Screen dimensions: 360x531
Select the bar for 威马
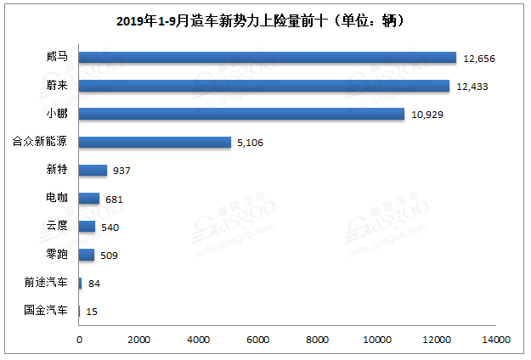click(268, 58)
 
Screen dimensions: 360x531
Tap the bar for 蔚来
click(264, 86)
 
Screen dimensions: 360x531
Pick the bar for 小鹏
click(241, 114)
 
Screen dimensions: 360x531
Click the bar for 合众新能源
click(155, 142)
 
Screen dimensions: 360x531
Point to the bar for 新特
click(93, 170)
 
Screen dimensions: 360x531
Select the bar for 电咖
click(89, 199)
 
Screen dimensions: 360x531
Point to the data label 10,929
click(428, 115)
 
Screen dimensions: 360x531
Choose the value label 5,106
click(252, 143)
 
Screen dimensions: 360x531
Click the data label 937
click(121, 171)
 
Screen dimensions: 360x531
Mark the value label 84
click(94, 284)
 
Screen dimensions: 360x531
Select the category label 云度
click(58, 227)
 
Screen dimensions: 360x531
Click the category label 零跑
click(58, 255)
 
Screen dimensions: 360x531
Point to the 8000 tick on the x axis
click(318, 340)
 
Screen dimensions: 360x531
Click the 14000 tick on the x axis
click(496, 340)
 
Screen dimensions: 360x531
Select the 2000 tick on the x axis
click(138, 340)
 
